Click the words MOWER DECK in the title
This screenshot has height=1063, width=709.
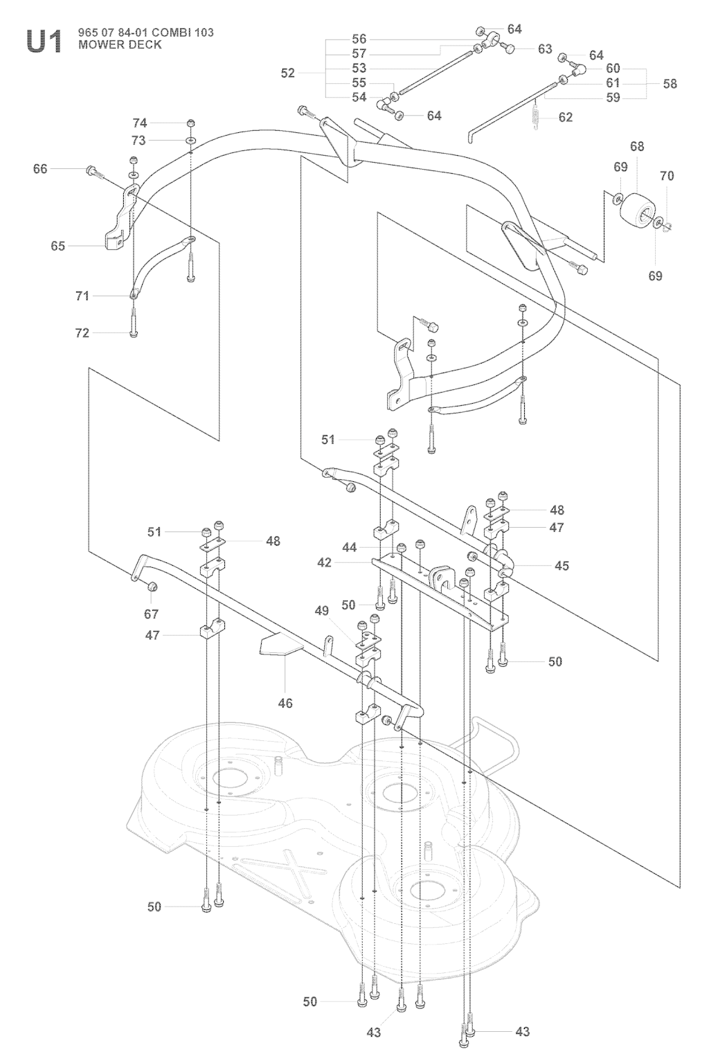(x=120, y=44)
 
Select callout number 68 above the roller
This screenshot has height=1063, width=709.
(x=637, y=146)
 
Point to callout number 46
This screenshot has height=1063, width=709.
(x=285, y=703)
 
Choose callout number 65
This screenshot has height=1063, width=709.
(x=58, y=246)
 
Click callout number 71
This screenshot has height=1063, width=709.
(x=82, y=296)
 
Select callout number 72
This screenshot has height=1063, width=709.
(x=82, y=333)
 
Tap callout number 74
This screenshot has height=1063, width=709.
(x=140, y=123)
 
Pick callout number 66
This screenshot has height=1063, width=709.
(x=40, y=168)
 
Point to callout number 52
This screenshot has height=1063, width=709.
(x=288, y=73)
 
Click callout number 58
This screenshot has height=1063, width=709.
(x=670, y=83)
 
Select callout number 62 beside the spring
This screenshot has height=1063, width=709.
(x=566, y=117)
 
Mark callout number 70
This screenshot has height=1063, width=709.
(x=666, y=176)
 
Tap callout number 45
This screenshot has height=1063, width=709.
(x=562, y=566)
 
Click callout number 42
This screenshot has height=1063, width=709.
(x=325, y=562)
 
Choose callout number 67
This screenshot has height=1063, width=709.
(x=151, y=614)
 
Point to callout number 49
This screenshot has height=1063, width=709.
(x=321, y=610)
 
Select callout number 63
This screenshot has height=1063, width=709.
(x=545, y=48)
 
